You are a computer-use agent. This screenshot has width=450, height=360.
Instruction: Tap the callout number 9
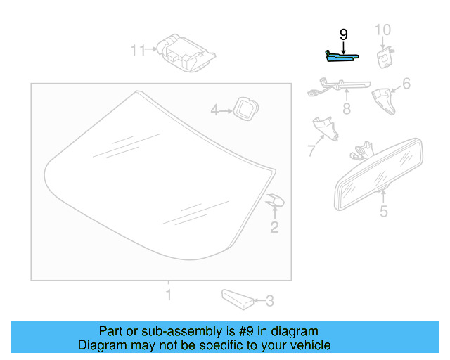pos(343,34)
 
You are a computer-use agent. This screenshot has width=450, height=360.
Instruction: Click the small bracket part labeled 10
pos(385,56)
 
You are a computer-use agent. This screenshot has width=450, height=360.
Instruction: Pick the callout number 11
pos(137,51)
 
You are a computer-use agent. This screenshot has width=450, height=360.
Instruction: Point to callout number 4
pos(215,110)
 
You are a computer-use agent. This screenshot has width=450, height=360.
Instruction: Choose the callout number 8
pos(346,109)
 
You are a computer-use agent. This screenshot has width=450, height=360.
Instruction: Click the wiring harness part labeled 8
pos(337,87)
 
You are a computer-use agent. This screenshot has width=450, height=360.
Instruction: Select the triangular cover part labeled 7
pos(324,128)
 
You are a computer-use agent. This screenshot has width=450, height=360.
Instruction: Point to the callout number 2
pos(274,226)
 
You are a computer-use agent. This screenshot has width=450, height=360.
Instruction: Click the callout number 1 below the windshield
pos(167,293)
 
